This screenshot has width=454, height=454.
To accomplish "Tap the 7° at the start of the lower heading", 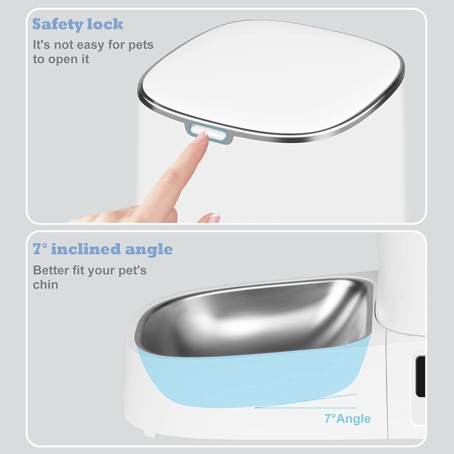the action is point(40,249).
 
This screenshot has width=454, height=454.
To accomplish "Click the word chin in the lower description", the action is point(46,284).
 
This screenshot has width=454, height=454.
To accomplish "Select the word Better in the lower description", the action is point(51,270).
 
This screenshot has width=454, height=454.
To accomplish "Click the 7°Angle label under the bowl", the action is point(347,418).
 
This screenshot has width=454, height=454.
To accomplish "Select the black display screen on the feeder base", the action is point(420,376).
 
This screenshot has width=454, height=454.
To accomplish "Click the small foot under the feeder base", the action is point(150,434).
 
